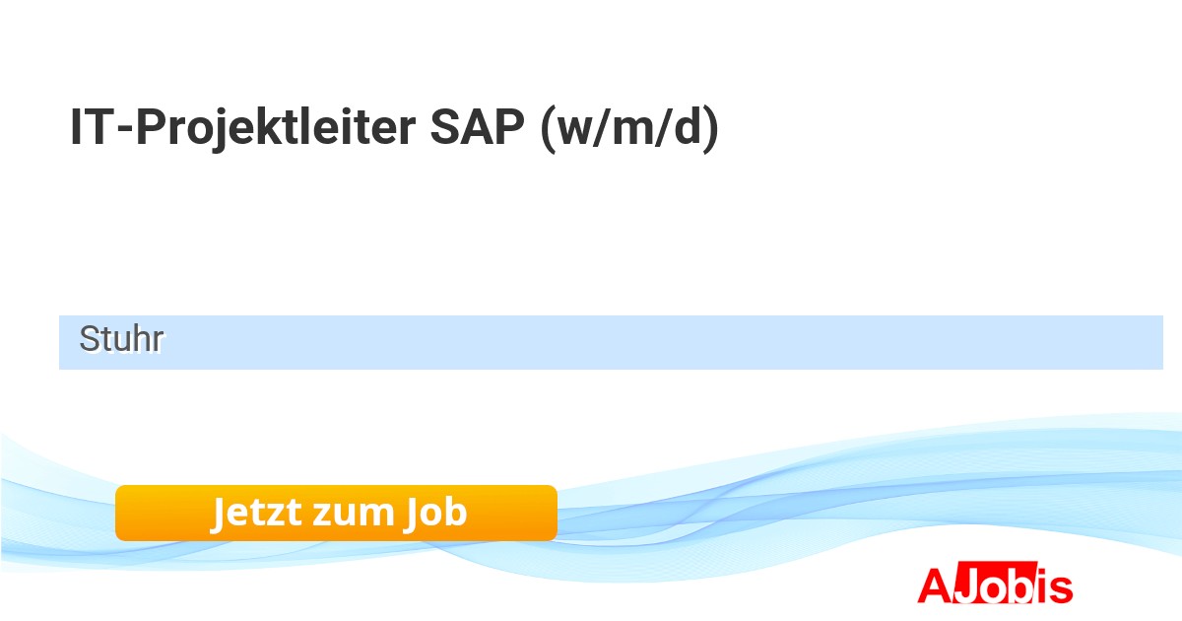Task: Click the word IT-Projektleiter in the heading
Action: [243, 128]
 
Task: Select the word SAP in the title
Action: [478, 127]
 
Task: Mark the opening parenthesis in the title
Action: [549, 129]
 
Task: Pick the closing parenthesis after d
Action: [711, 129]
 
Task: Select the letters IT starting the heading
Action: [92, 127]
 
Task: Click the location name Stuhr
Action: [121, 338]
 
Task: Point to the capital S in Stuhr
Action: [89, 338]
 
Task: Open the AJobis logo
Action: [995, 583]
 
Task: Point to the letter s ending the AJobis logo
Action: [1061, 589]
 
